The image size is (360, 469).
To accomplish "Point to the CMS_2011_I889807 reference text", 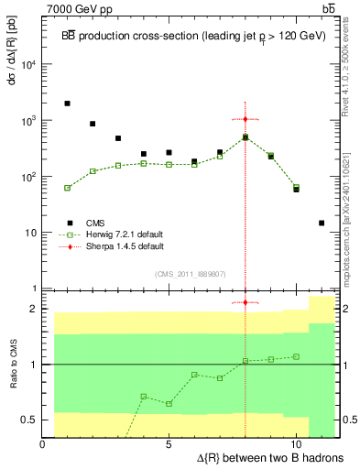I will click(x=190, y=273).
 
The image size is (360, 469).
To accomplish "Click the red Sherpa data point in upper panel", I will click(x=245, y=119).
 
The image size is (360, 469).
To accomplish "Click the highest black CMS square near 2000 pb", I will click(x=68, y=104).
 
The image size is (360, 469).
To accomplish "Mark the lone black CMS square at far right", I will click(x=322, y=223).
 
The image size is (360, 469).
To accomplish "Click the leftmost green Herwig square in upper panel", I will click(x=68, y=188).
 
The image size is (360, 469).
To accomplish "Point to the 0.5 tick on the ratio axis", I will click(x=30, y=420).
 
